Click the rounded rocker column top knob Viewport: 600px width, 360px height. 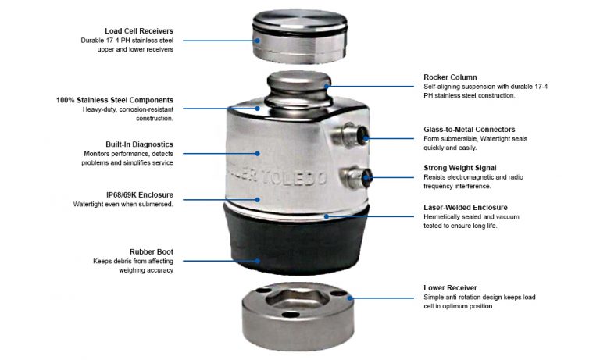297,84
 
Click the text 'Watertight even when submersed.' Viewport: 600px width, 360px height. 123,205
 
